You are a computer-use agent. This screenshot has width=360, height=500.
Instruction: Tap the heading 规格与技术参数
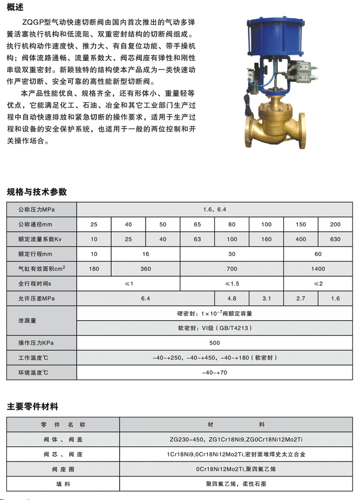(x=37, y=192)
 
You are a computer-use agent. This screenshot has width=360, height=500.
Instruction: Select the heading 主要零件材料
(x=32, y=406)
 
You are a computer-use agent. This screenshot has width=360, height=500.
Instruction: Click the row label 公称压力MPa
(x=37, y=210)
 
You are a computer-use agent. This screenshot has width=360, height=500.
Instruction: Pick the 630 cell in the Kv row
(x=335, y=239)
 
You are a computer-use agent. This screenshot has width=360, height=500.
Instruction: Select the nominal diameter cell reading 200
(x=335, y=224)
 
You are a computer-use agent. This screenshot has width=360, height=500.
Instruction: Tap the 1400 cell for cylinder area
(x=318, y=269)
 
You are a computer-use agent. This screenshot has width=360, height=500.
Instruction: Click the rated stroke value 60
(x=318, y=254)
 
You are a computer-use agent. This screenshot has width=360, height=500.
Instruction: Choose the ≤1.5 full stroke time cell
(x=232, y=284)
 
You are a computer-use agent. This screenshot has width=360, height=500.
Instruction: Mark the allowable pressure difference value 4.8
(x=232, y=298)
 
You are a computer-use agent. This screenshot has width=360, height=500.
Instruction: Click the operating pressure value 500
(x=214, y=343)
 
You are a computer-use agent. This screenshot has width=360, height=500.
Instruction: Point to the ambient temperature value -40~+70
(x=214, y=372)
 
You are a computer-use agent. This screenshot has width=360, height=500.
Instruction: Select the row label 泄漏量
(x=28, y=321)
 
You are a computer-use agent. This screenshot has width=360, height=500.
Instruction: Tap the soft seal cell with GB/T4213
(x=214, y=328)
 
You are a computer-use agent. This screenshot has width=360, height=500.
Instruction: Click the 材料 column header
(x=236, y=424)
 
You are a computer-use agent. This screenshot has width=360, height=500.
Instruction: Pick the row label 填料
(x=64, y=484)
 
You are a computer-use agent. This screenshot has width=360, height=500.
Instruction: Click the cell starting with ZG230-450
(x=236, y=439)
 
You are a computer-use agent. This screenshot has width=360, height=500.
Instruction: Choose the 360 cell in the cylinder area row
(x=146, y=269)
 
